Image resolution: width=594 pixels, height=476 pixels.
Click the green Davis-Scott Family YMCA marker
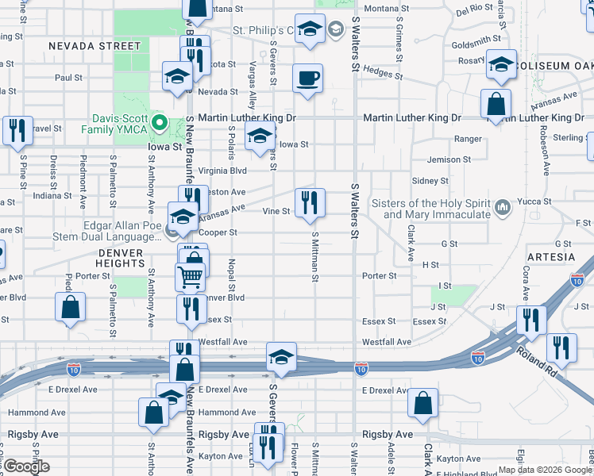159,123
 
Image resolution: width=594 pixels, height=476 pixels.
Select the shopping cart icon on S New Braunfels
190,276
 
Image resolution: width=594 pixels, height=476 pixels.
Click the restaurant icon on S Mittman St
310,202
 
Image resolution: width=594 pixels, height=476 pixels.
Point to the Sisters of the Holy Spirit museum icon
502,208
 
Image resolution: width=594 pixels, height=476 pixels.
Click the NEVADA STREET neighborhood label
94,46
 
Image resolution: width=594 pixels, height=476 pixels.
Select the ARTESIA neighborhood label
550,257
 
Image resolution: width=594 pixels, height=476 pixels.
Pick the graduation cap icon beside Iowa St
260,136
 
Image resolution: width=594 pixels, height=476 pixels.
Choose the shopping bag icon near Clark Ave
423,402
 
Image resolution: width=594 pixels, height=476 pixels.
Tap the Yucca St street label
538,202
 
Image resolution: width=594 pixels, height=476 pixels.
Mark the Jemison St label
449,159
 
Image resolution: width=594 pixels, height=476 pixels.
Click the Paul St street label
68,78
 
